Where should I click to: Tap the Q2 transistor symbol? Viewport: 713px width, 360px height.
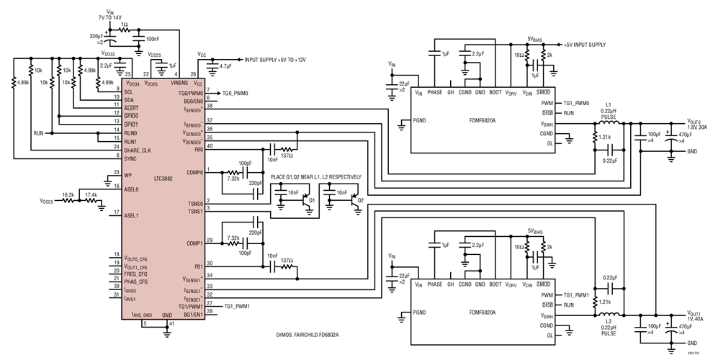pyautogui.click(x=355, y=202)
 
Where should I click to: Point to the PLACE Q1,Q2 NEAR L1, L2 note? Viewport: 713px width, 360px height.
pyautogui.click(x=315, y=177)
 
